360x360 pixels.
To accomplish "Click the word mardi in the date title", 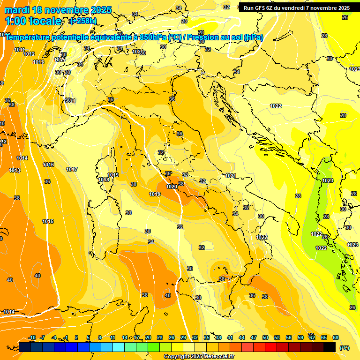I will [x=17, y=10].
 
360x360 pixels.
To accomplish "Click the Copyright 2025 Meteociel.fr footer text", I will [x=199, y=357].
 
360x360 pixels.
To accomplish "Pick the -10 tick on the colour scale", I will [x=32, y=337].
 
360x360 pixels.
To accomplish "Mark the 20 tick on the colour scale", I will [x=148, y=337].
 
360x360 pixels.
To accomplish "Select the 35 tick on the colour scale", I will [x=207, y=337].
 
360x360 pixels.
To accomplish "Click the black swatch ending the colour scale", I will [x=330, y=347].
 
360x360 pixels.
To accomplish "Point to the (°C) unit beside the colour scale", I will [x=345, y=347].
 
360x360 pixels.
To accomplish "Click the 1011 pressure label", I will [x=19, y=50].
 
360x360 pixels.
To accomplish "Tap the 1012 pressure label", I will [x=29, y=54].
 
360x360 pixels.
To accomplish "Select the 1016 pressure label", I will [x=48, y=165].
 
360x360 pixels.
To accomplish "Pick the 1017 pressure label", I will [x=72, y=169].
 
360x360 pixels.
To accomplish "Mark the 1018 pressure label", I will [x=104, y=180].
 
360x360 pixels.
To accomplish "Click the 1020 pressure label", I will [x=172, y=187].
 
